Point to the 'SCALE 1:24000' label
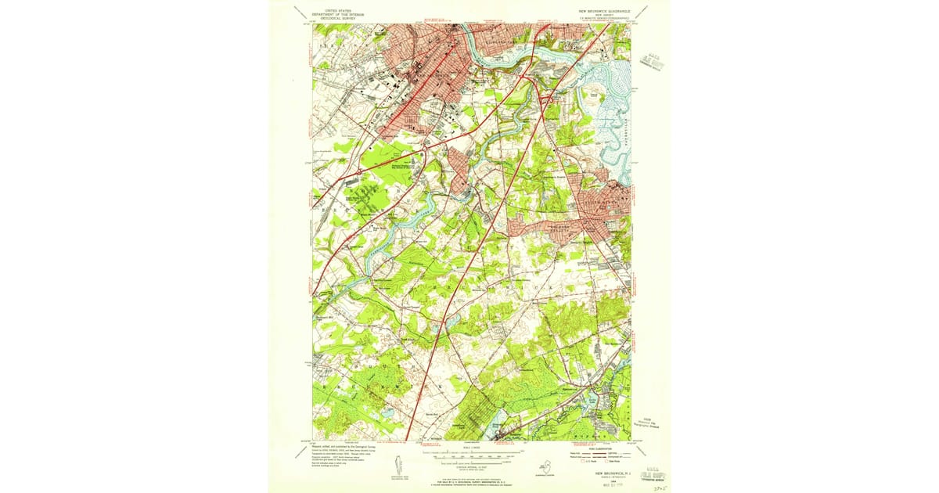pyautogui.click(x=469, y=448)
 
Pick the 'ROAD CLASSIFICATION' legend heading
pyautogui.click(x=579, y=447)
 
